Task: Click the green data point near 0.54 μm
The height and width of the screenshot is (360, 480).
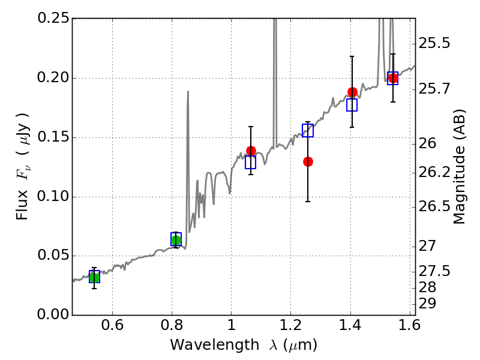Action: pos(94,277)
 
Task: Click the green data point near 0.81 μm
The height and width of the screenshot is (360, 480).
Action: pos(176,240)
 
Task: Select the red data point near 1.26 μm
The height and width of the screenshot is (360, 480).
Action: pos(308,161)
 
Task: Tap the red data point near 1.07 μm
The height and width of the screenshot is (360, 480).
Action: pos(251,151)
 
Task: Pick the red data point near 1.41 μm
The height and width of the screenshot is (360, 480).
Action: pos(352,92)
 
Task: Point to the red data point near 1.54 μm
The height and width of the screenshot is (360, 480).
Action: pos(393,78)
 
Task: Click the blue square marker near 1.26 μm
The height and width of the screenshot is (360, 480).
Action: pos(308,130)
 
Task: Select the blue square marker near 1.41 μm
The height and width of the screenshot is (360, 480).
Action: pos(352,105)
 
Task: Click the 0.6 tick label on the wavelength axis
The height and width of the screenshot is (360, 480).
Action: pos(112,328)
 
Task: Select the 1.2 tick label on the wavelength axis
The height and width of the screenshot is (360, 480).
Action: pos(290,328)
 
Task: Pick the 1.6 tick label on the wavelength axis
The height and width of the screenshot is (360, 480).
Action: pos(408,328)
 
